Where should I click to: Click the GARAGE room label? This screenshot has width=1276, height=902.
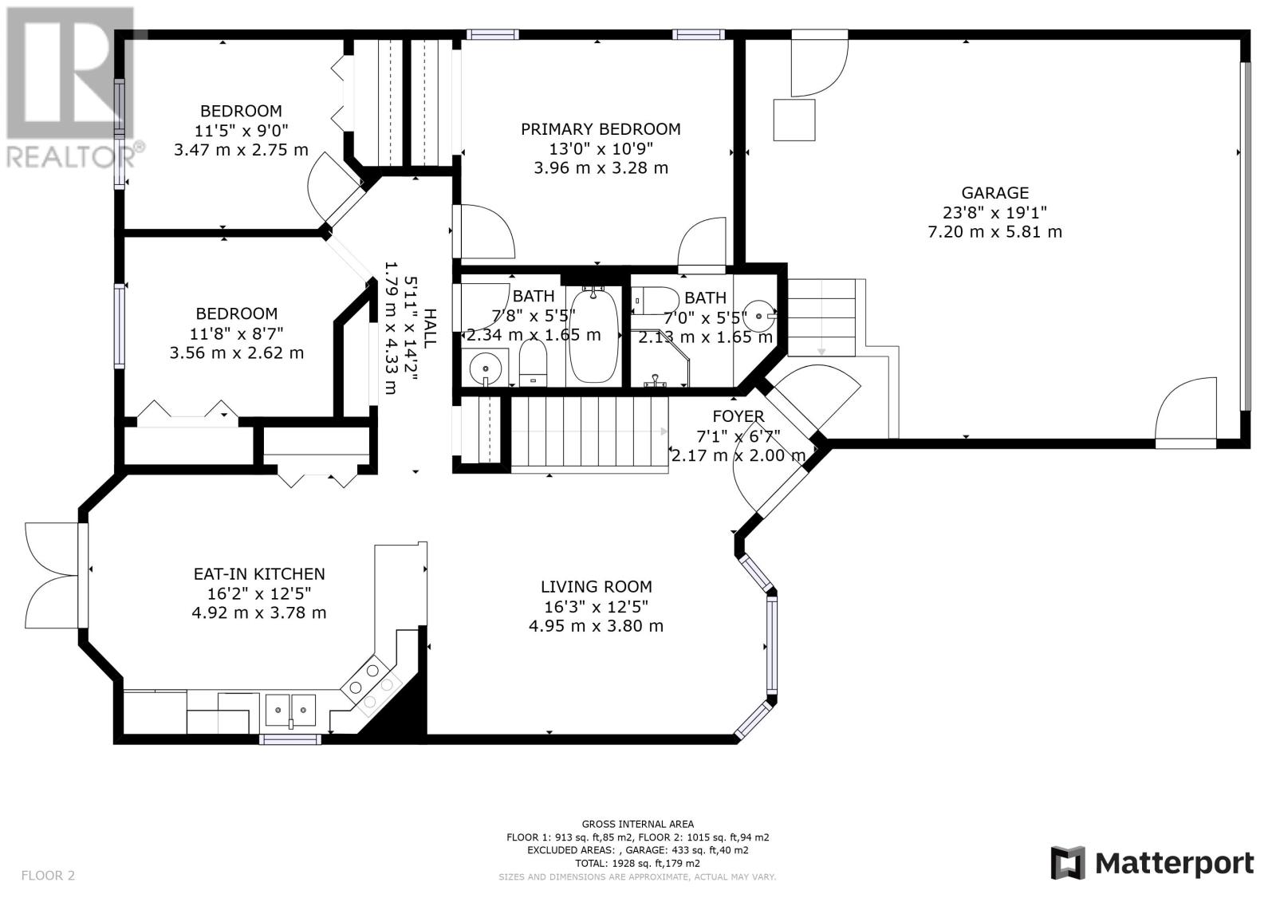994,193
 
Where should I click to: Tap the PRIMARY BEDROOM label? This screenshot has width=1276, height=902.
601,129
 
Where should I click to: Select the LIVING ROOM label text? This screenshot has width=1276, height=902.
597,587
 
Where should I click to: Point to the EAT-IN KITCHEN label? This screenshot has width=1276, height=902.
259,573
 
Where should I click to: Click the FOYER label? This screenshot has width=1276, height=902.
738,416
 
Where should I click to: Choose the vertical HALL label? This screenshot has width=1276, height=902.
430,329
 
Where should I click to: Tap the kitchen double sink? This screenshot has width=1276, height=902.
290,710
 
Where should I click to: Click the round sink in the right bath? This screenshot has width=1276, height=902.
760,316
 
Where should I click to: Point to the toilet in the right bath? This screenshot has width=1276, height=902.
655,301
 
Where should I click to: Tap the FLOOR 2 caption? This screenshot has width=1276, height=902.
48,876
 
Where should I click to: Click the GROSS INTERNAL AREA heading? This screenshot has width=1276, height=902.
637,824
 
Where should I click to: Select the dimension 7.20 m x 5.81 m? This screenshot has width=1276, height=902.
994,232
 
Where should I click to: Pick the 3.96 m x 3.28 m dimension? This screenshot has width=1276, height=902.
601,168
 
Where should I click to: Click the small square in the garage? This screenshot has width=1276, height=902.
794,120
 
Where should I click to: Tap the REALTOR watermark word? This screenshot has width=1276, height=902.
71,156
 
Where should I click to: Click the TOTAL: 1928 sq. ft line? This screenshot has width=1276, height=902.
637,864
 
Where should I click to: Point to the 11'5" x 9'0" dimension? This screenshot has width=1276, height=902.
242,131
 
